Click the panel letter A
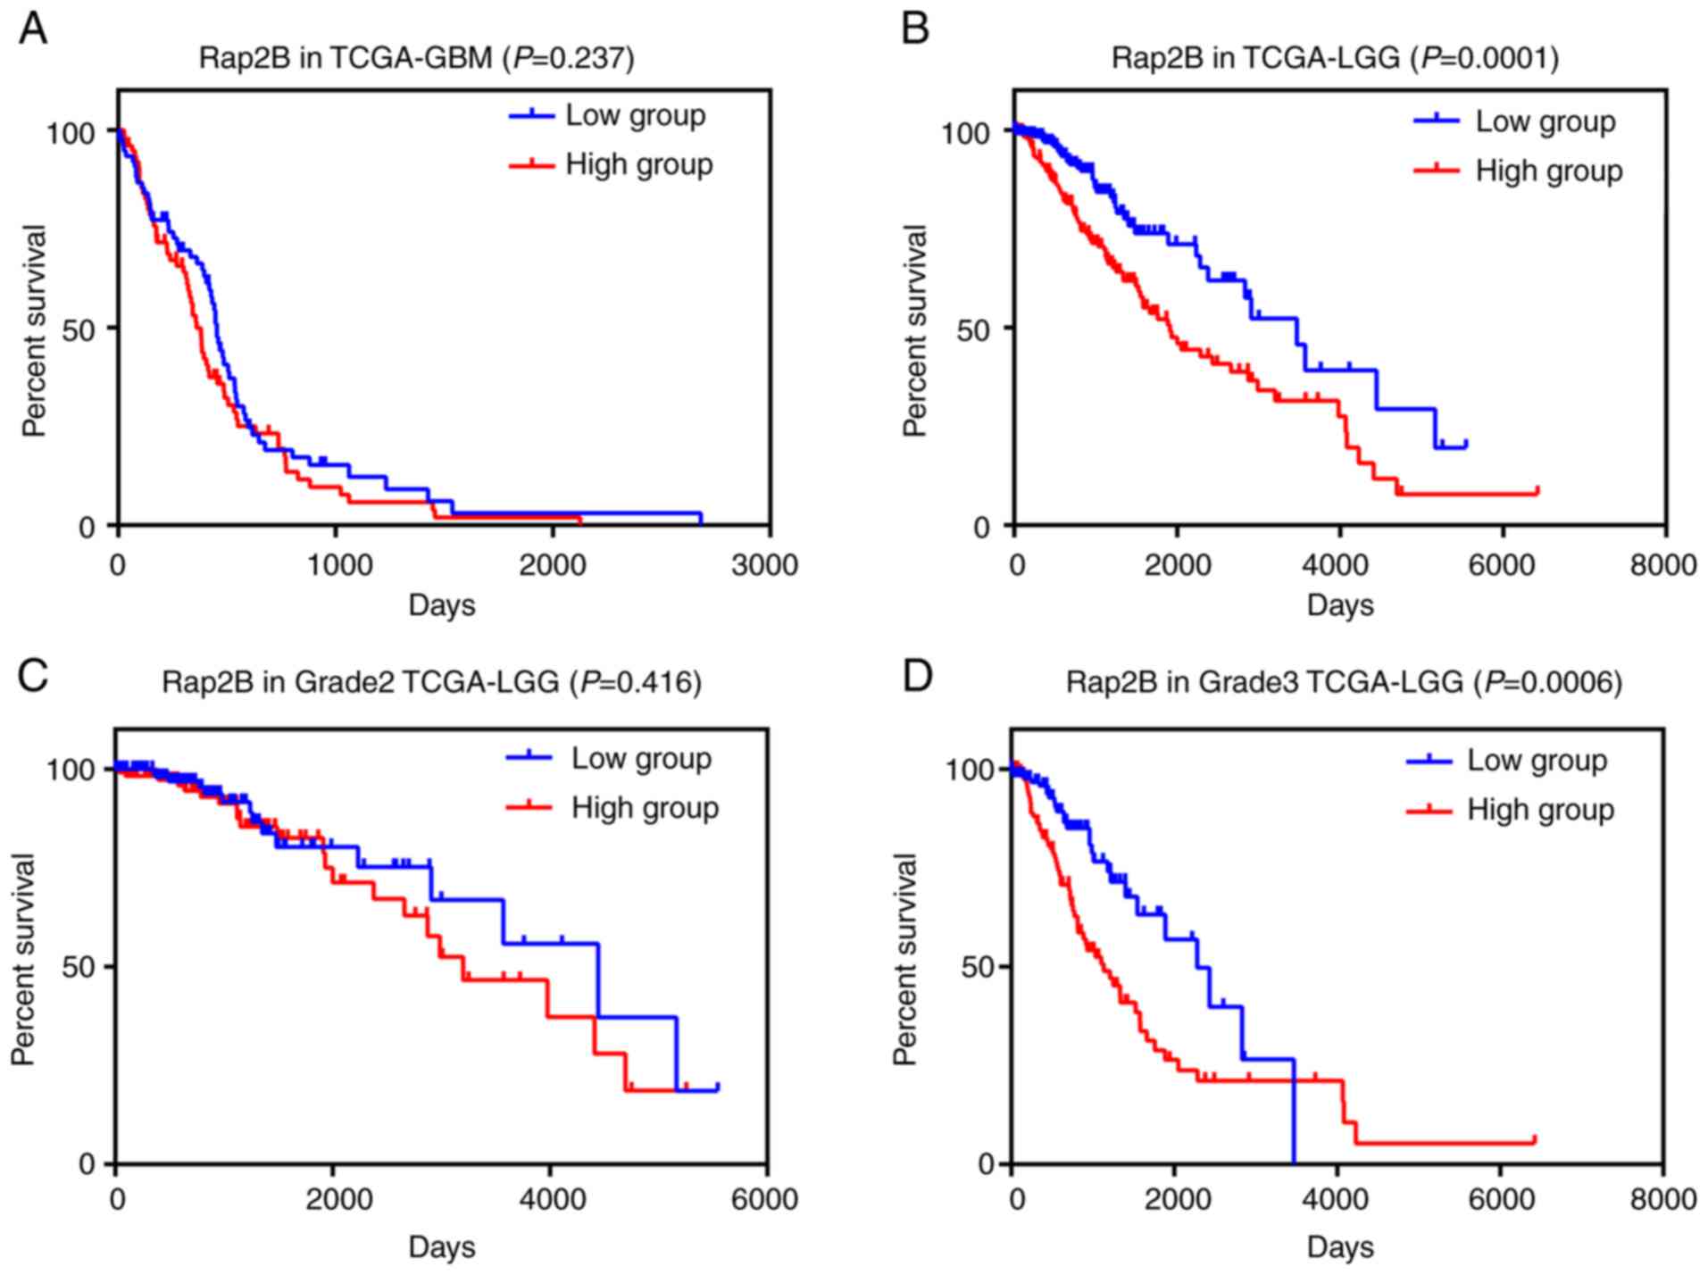click(x=33, y=29)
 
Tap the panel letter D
click(x=917, y=675)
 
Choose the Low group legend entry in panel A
click(x=635, y=115)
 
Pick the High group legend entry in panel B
click(x=1548, y=171)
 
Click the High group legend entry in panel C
click(x=645, y=808)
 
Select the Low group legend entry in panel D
click(x=1537, y=760)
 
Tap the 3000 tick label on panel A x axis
click(x=763, y=565)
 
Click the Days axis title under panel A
click(x=442, y=605)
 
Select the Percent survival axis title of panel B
click(x=915, y=330)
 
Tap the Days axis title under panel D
click(x=1340, y=1246)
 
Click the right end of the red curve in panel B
click(x=1537, y=490)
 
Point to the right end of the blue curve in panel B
click(x=1466, y=444)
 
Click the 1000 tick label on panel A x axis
click(x=336, y=565)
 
